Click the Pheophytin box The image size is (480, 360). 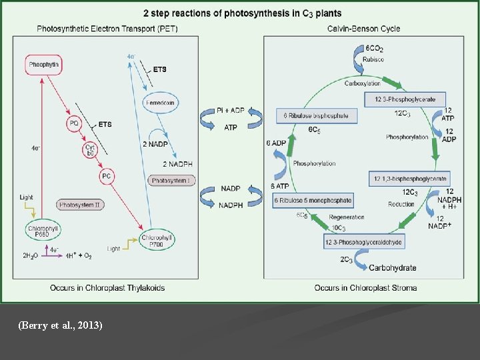(44, 65)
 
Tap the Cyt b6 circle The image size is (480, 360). (91, 150)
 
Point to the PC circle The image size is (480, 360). (106, 176)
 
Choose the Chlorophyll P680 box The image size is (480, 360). (44, 231)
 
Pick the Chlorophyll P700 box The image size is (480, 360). (157, 240)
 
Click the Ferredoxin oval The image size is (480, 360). (160, 102)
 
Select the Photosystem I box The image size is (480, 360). (172, 181)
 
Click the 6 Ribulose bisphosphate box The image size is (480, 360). (317, 116)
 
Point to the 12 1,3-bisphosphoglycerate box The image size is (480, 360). (409, 179)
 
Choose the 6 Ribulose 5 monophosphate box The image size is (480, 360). (313, 201)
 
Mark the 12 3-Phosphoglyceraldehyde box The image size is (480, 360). (363, 242)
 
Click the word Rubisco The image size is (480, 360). (373, 59)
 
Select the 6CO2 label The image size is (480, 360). (374, 49)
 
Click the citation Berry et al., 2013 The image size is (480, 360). (61, 325)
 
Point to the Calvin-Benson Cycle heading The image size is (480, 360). (363, 29)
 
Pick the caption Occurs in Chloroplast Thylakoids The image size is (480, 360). (107, 288)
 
